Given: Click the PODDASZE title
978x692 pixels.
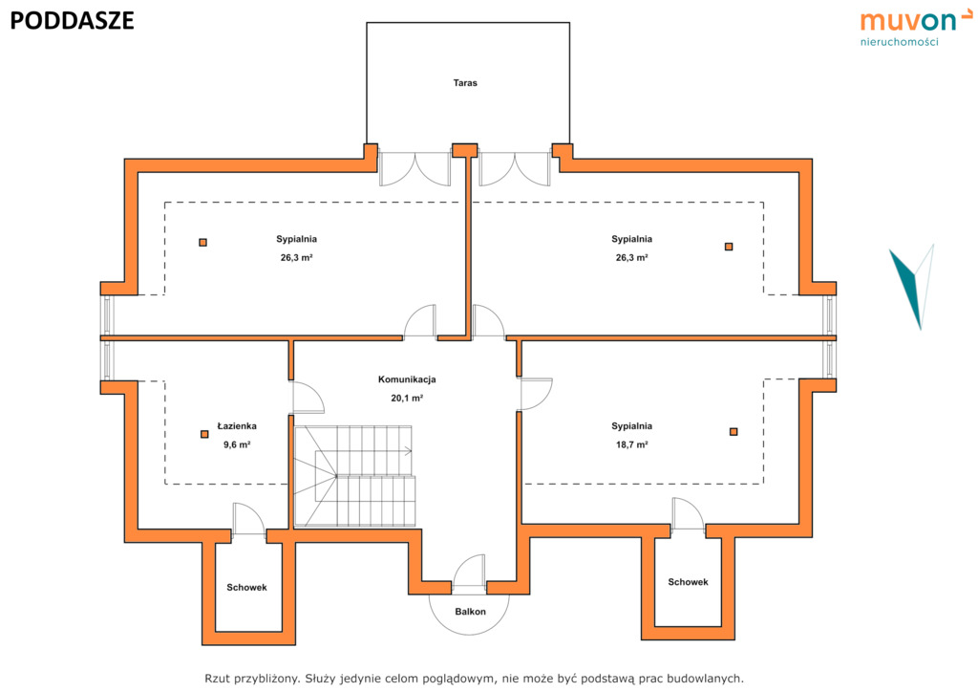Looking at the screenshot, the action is (x=72, y=21).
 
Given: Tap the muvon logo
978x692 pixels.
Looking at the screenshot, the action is (x=916, y=28).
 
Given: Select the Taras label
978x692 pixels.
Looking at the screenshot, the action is (x=465, y=82).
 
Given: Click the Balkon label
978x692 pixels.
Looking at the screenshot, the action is (x=470, y=612).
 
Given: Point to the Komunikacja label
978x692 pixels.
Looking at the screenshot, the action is (x=407, y=379).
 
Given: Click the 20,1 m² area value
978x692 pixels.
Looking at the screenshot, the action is (x=407, y=399).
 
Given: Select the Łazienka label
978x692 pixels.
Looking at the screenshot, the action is (x=237, y=426).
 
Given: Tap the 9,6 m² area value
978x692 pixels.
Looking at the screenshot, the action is (x=237, y=444).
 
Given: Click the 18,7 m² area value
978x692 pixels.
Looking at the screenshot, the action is (x=632, y=444).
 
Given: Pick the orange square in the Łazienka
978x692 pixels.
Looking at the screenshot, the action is (x=204, y=434).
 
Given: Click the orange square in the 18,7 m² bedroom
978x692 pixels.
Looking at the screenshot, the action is (x=733, y=432).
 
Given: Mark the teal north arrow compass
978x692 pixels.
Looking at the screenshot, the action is (x=913, y=287).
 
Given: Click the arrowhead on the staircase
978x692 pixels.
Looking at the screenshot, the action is (x=409, y=450).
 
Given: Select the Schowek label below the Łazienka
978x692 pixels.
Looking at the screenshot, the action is (x=247, y=587).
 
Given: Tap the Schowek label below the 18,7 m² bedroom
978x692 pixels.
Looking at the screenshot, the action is (x=688, y=582).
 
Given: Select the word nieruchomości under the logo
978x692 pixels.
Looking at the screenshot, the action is (x=900, y=42).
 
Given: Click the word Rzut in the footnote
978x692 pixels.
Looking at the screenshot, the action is (x=218, y=679).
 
